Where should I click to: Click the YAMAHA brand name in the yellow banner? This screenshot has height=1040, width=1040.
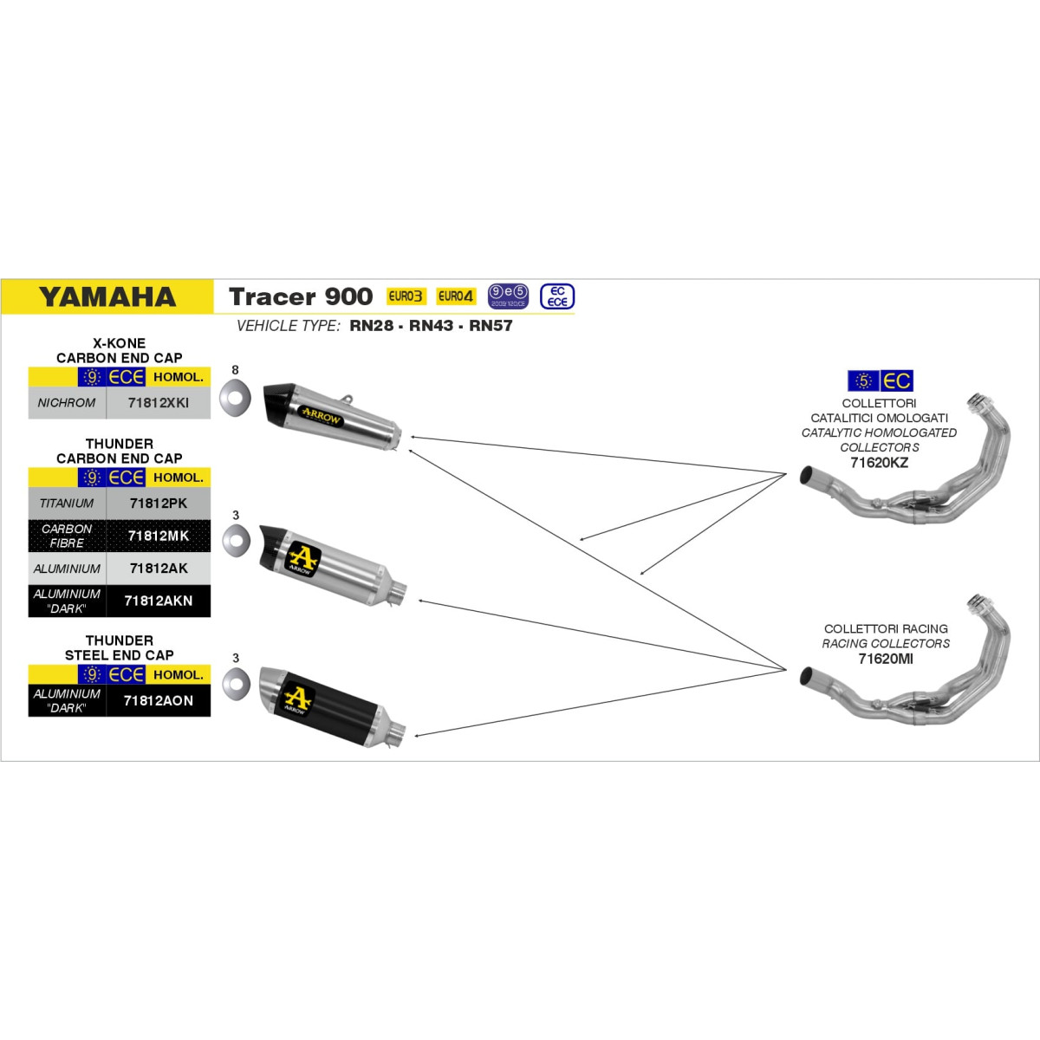click(107, 297)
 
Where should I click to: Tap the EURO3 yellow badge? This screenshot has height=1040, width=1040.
click(406, 296)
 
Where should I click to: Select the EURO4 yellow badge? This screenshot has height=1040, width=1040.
click(456, 296)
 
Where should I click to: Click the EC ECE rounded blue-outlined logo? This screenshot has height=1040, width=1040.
click(557, 297)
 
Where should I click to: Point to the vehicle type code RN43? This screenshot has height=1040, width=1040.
click(432, 326)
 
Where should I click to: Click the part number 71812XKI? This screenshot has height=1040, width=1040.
click(158, 403)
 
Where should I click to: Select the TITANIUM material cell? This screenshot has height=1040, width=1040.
click(67, 504)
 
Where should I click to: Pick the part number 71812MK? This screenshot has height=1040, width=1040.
click(159, 536)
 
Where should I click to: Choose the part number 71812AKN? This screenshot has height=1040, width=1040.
click(158, 601)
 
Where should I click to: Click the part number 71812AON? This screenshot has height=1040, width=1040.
click(158, 701)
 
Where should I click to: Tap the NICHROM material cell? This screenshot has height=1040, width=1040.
click(67, 403)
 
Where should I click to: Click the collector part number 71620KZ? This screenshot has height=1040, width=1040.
click(879, 463)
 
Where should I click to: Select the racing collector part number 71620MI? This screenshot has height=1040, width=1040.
click(886, 659)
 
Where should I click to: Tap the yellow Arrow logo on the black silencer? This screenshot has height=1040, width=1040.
click(296, 699)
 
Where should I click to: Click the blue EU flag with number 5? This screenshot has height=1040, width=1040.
click(863, 381)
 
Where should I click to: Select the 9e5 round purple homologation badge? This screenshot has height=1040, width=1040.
click(508, 296)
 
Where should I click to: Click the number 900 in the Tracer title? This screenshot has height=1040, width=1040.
click(348, 297)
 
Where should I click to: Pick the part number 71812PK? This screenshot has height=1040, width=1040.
click(158, 504)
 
